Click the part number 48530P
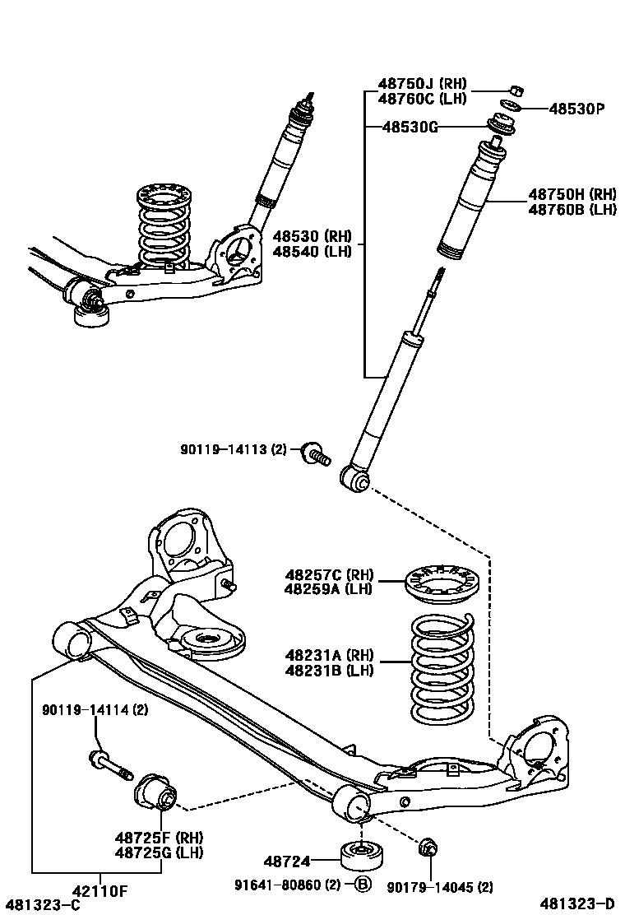[x=576, y=109]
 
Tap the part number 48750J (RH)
[x=422, y=84]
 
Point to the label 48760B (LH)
[x=572, y=210]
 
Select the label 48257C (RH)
[x=329, y=574]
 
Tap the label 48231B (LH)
[x=329, y=671]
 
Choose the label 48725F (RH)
[x=159, y=838]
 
